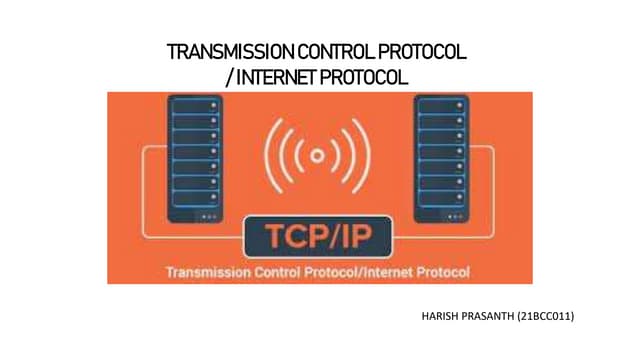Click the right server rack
(x=441, y=160)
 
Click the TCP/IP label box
(x=317, y=236)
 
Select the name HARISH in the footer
(x=443, y=317)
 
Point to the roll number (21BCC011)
(x=547, y=317)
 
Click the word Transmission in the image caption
(x=206, y=271)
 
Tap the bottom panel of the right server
(x=441, y=215)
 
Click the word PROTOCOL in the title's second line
(x=367, y=76)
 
